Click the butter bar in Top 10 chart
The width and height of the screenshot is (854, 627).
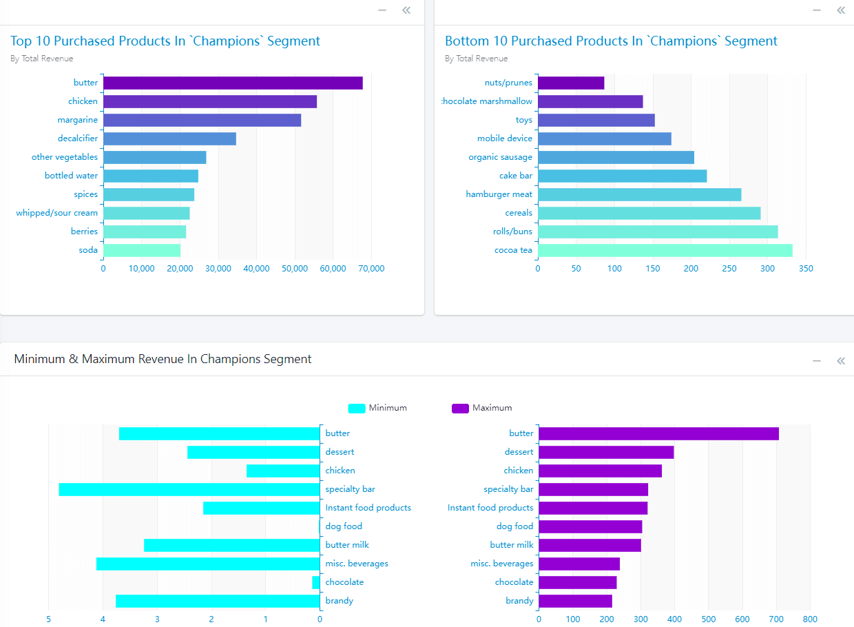click(233, 83)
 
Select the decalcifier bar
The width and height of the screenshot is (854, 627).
click(169, 138)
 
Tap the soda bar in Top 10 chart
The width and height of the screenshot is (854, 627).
click(142, 250)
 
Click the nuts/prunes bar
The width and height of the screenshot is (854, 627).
click(571, 83)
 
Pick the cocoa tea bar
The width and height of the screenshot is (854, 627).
click(665, 250)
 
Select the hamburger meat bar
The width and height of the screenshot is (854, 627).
click(639, 194)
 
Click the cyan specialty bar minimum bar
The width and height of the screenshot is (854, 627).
click(189, 489)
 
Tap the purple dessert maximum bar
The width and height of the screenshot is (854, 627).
click(606, 452)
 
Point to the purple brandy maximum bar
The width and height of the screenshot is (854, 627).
click(575, 601)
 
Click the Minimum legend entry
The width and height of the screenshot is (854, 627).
click(377, 408)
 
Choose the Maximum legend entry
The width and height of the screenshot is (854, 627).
click(481, 408)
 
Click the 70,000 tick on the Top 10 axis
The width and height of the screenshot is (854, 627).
click(371, 269)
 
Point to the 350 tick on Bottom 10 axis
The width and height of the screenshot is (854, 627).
click(806, 269)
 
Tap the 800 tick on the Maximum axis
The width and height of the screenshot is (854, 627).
click(810, 619)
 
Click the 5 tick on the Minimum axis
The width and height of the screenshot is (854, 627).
click(49, 619)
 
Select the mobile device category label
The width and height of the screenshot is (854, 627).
click(505, 138)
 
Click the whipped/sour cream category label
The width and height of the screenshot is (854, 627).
click(57, 213)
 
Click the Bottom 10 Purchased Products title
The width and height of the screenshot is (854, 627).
click(611, 41)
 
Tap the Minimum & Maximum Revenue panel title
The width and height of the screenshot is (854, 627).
click(163, 359)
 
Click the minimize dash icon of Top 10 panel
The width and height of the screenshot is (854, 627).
click(382, 10)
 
